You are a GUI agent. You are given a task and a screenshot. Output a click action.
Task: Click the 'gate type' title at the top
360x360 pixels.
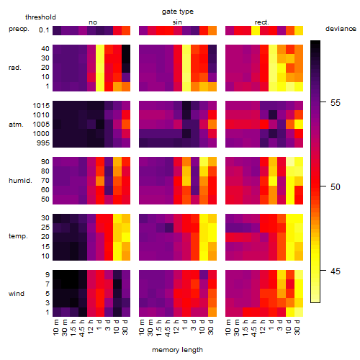pyautogui.click(x=178, y=12)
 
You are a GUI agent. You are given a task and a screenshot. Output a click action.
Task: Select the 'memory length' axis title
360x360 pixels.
pyautogui.click(x=177, y=350)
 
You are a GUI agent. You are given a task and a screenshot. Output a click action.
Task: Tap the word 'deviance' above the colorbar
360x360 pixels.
pyautogui.click(x=341, y=29)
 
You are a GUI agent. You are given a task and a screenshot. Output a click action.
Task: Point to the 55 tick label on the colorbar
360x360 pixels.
pyautogui.click(x=336, y=103)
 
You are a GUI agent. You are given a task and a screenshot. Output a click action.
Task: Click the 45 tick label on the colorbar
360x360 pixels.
pyautogui.click(x=336, y=271)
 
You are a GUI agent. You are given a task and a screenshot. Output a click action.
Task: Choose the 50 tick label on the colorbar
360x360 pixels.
pyautogui.click(x=336, y=187)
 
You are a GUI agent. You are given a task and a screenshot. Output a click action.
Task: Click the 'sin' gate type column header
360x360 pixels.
pyautogui.click(x=177, y=22)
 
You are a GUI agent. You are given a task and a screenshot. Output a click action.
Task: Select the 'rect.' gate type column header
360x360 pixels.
pyautogui.click(x=262, y=22)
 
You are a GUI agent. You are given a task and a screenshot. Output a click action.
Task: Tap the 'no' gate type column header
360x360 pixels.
pyautogui.click(x=93, y=22)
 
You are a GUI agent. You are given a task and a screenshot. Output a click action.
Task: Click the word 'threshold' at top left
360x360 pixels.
pyautogui.click(x=40, y=17)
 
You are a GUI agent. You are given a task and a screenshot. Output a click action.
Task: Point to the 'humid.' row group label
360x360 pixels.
pyautogui.click(x=20, y=181)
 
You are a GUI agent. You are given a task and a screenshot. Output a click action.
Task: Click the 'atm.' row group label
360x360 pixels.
pyautogui.click(x=16, y=125)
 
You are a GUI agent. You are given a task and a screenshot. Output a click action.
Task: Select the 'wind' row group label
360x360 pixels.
pyautogui.click(x=17, y=294)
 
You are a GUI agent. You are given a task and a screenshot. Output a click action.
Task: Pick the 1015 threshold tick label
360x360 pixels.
pyautogui.click(x=41, y=106)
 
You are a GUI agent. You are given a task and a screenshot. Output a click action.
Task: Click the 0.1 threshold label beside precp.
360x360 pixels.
pyautogui.click(x=44, y=30)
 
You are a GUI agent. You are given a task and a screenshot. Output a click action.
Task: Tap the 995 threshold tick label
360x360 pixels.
pyautogui.click(x=43, y=143)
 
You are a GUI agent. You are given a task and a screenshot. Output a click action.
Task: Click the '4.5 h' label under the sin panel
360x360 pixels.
pyautogui.click(x=168, y=328)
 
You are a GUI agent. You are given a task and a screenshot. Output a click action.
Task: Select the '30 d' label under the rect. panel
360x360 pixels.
pyautogui.click(x=297, y=327)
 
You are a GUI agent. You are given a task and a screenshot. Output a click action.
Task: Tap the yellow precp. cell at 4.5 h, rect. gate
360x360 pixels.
pyautogui.click(x=256, y=30)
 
